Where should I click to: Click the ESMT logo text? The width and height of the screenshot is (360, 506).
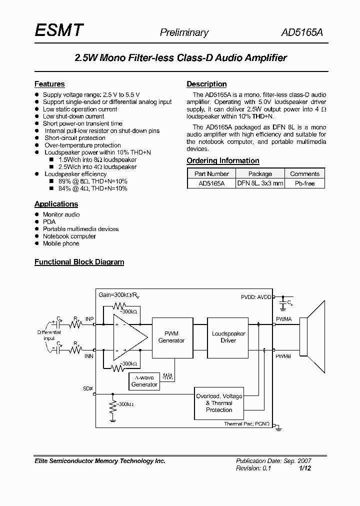coord(59,31)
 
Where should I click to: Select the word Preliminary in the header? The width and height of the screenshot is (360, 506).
coord(184,33)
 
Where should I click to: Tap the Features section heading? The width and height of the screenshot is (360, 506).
coord(49,84)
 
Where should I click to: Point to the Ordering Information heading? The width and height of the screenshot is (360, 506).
coord(222,160)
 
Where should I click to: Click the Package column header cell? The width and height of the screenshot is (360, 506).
coord(260,174)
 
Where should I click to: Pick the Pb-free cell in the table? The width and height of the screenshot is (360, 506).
coord(304,183)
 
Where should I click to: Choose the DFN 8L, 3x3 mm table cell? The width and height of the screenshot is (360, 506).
coord(260,183)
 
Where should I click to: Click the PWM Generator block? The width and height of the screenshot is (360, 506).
coord(171,337)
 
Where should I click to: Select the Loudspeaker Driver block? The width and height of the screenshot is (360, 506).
coord(228,337)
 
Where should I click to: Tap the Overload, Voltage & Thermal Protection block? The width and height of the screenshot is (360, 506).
coord(219,403)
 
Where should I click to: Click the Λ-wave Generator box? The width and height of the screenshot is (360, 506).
coord(144,381)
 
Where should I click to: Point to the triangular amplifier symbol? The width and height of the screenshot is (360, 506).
coord(129,337)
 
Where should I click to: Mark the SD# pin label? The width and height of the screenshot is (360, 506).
coord(88,388)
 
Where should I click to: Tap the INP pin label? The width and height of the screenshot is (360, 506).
coord(89,318)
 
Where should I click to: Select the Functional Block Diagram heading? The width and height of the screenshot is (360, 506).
coord(79,261)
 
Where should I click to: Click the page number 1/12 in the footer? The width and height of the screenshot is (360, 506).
coord(305,468)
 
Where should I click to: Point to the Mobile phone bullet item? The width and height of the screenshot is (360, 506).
coord(61,243)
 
